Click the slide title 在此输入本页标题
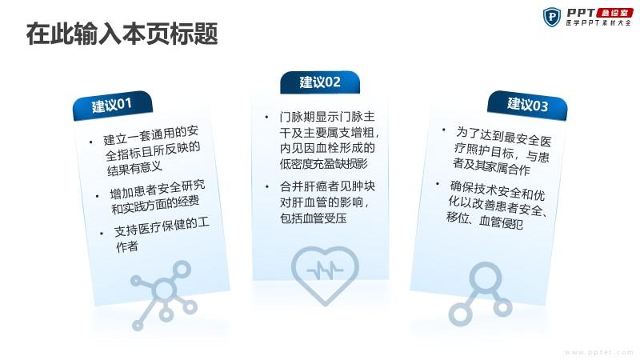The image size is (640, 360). [122, 34]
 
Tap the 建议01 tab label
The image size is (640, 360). [112, 106]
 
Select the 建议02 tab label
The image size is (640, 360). [320, 82]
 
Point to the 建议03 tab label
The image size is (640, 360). [527, 105]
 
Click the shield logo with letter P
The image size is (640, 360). [552, 17]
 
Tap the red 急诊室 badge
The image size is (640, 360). [614, 13]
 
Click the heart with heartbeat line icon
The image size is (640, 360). [325, 275]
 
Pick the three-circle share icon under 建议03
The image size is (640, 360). [481, 294]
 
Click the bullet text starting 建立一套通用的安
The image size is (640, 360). [150, 135]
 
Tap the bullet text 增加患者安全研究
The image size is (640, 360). [157, 188]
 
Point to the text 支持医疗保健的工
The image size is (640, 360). [162, 227]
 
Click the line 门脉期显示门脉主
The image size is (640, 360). [327, 117]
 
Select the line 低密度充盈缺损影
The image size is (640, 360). [324, 164]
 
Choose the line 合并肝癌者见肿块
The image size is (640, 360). [327, 186]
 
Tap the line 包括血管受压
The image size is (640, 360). [313, 218]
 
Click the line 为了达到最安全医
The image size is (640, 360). [504, 137]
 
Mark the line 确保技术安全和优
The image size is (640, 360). [498, 190]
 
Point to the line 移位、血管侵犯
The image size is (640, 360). [485, 221]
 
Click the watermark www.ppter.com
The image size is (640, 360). [598, 352]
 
